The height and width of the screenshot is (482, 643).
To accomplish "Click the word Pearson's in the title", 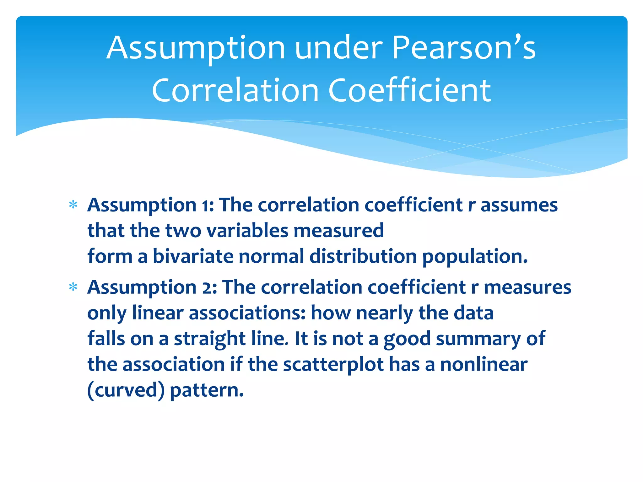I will coord(464,48).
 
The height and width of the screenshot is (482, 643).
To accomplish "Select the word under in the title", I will coord(339,48).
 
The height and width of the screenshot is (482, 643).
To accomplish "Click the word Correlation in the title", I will coord(235,91).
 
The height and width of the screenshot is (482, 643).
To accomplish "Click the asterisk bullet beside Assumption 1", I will coord(73,205).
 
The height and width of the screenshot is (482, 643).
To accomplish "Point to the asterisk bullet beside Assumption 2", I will coord(73,287).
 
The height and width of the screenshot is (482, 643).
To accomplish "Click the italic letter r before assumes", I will coord(471,206).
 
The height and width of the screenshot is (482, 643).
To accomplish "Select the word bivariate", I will coord(193,256).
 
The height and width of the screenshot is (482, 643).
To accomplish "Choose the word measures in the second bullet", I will coord(527,287).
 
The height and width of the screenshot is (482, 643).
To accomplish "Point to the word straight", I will coord(210,339).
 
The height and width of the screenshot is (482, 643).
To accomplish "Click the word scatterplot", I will coord(333,365).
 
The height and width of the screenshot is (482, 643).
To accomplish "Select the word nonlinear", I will coord(484,365).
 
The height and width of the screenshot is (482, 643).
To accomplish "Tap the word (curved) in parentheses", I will coord(126,390).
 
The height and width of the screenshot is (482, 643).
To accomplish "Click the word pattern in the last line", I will coord(207,391).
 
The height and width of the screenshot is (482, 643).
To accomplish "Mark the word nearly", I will coord(384,313).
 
